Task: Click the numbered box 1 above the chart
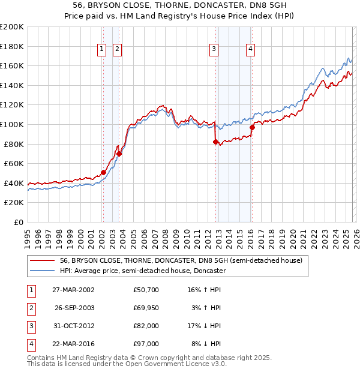point(102,49)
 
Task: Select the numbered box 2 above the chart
point(117,49)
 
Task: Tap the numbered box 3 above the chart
point(214,49)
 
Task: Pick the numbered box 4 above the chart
point(250,49)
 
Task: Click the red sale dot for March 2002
point(103,172)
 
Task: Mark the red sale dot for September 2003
point(119,154)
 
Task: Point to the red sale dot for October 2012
point(215,142)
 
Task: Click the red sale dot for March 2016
point(252,127)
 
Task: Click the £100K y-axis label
point(12,124)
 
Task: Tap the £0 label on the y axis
point(18,222)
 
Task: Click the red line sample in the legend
point(41,260)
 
